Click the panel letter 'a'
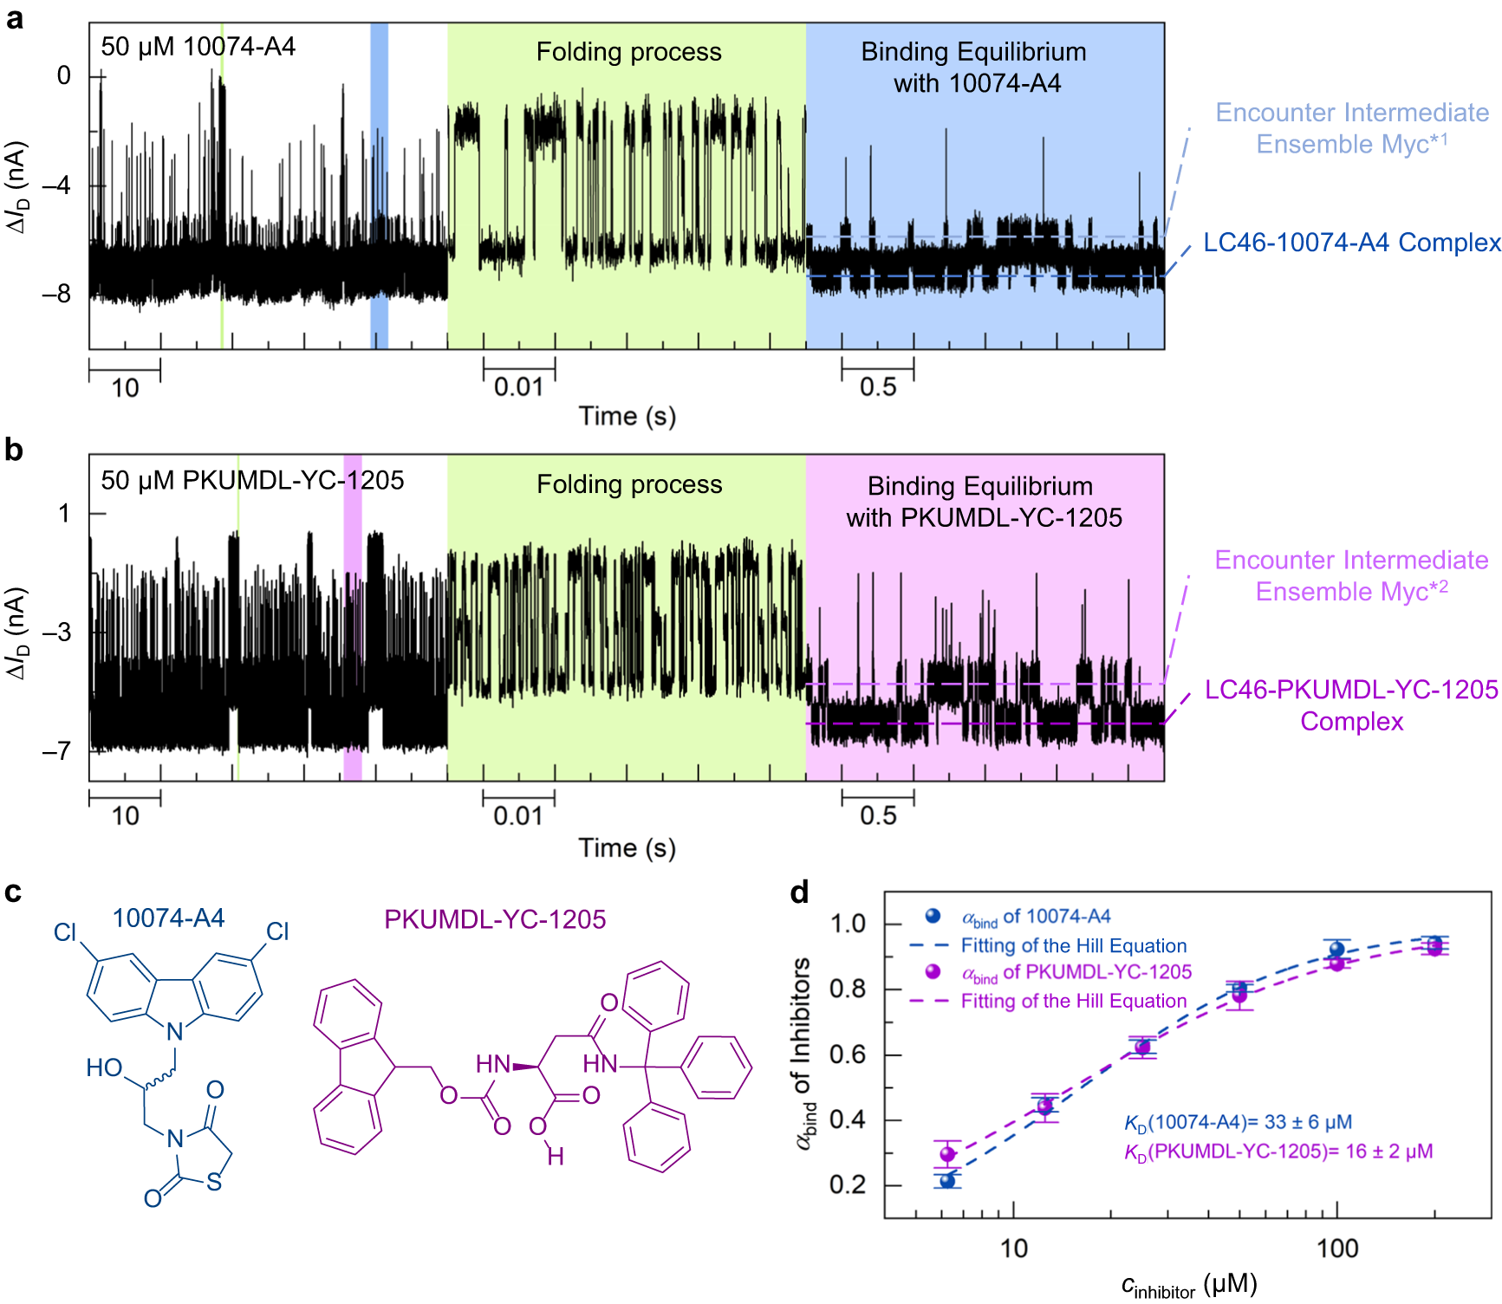[15, 19]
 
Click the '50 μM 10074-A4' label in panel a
[198, 47]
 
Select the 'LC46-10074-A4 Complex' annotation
[1351, 243]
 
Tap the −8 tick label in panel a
[57, 295]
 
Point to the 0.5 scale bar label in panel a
[877, 387]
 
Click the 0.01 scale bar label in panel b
[518, 816]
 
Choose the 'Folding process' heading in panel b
[629, 484]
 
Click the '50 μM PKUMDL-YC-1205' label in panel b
[252, 480]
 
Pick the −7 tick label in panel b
[57, 750]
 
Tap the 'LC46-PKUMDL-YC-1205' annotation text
[1351, 690]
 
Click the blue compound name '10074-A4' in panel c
[169, 918]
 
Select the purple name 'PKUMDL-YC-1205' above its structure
[495, 919]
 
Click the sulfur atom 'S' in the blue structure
[214, 1182]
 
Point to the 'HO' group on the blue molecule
[104, 1067]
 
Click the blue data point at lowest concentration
[947, 1180]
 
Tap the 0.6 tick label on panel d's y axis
[847, 1054]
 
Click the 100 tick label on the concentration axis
[1336, 1249]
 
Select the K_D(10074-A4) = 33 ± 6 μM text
[1238, 1122]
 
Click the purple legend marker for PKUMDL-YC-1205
[933, 972]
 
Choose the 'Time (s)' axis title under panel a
[627, 417]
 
